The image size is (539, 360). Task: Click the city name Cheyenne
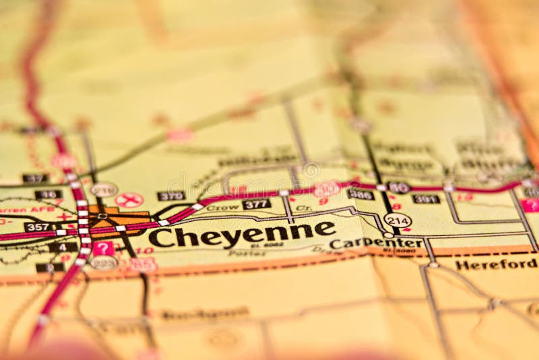[241, 234]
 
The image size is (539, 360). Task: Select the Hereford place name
[495, 264]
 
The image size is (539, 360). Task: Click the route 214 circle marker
[398, 220]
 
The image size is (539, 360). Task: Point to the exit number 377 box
[257, 204]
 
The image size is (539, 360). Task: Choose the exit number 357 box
[39, 227]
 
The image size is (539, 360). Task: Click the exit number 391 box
[426, 199]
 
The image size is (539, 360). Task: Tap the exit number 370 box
[171, 196]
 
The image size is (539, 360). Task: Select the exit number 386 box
[360, 194]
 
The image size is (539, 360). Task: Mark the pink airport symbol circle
[129, 200]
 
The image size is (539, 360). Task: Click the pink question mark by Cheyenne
[103, 248]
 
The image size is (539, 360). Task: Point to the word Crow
[223, 208]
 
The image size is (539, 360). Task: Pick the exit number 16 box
[48, 195]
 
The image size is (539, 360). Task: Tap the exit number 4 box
[63, 247]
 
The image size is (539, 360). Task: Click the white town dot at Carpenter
[388, 235]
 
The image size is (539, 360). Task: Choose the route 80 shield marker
[399, 187]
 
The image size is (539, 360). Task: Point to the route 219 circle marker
[104, 189]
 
